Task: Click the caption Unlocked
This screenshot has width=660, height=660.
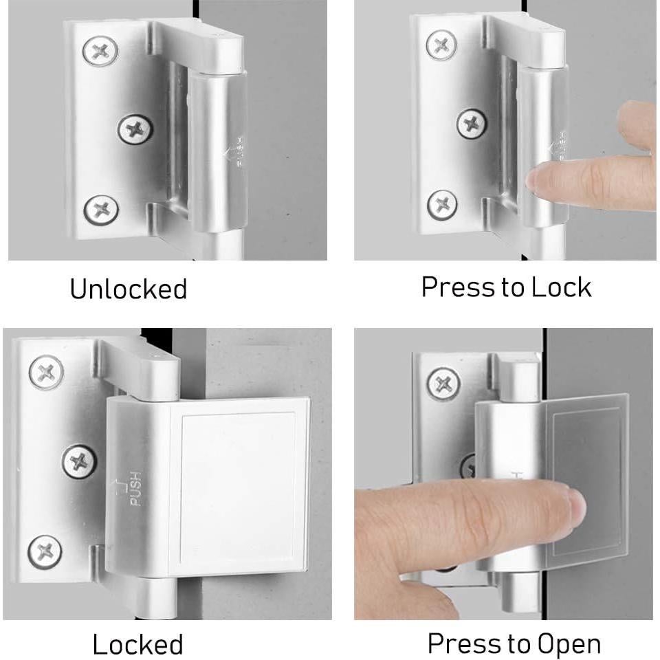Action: point(128,289)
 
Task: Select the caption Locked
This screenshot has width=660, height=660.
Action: point(137,644)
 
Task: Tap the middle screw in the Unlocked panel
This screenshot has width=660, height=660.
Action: point(135,128)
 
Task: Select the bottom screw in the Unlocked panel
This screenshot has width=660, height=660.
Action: point(101,208)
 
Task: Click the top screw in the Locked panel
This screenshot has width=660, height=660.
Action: point(46,373)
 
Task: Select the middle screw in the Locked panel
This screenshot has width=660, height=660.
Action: point(80,461)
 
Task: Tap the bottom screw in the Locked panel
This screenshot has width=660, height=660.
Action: point(45,551)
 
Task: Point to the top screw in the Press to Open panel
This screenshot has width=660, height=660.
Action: point(444,383)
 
